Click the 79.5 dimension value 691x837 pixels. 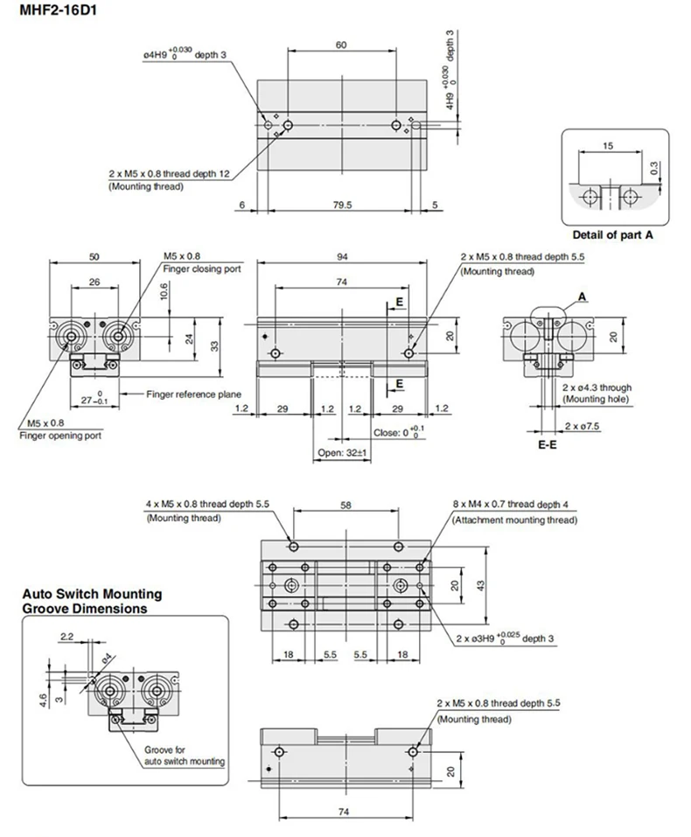pos(342,206)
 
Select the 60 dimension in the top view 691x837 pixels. pos(340,43)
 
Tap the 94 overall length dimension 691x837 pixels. pos(342,256)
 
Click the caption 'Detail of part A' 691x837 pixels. pos(612,234)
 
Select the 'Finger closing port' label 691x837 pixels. pos(202,269)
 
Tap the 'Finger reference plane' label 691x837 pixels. pos(193,394)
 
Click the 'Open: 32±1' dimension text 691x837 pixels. pos(342,453)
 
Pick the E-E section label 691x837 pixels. pos(548,443)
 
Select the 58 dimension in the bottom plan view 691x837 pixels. pos(346,506)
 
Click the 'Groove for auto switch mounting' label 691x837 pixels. pos(185,756)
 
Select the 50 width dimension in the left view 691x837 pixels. pos(94,256)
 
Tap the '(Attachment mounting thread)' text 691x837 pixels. pos(514,520)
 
